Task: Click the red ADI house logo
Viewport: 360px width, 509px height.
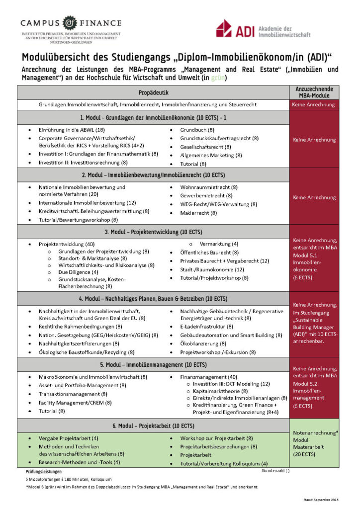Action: pos(224,28)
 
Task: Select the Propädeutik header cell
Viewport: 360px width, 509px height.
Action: pos(153,92)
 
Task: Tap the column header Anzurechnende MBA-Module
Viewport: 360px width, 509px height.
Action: pos(314,92)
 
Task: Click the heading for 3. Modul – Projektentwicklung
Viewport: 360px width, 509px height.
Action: pos(153,232)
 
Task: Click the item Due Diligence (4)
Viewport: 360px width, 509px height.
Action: pos(74,272)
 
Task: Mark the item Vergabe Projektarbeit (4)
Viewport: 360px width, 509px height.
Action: pos(69,438)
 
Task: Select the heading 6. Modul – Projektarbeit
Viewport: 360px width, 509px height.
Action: pos(153,426)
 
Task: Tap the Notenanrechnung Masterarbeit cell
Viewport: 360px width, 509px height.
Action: pos(314,443)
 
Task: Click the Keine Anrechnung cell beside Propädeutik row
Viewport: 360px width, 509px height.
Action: pos(314,105)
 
